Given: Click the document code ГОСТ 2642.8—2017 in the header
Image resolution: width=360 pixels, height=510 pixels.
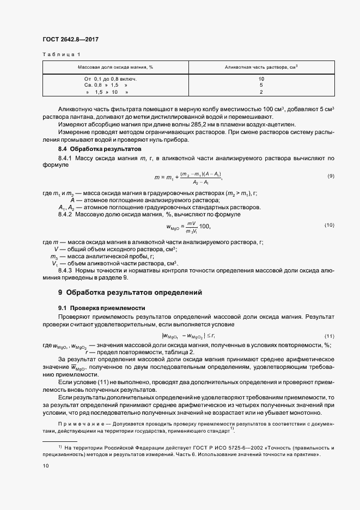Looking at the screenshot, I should pyautogui.click(x=70, y=39).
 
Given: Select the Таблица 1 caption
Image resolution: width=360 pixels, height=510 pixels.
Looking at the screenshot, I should pyautogui.click(x=60, y=54).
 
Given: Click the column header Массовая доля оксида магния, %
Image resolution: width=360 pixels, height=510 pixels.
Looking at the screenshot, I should pyautogui.click(x=115, y=67).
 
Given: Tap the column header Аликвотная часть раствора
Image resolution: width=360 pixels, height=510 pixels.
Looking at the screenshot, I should pyautogui.click(x=261, y=67).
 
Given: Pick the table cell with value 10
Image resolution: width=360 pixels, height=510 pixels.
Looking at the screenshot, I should pyautogui.click(x=261, y=79).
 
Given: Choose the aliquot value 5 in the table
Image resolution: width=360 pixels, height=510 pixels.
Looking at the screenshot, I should pyautogui.click(x=261, y=86).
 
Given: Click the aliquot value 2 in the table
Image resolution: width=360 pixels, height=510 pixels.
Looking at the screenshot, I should pyautogui.click(x=261, y=92).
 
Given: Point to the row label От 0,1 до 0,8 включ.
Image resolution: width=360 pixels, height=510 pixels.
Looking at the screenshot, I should pyautogui.click(x=107, y=79).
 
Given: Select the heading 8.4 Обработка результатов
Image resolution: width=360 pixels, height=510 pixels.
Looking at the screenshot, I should pyautogui.click(x=100, y=149).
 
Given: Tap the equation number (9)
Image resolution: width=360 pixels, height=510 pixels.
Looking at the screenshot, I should pyautogui.click(x=331, y=177).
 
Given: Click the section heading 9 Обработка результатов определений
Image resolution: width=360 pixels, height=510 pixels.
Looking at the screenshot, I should pyautogui.click(x=130, y=292).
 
